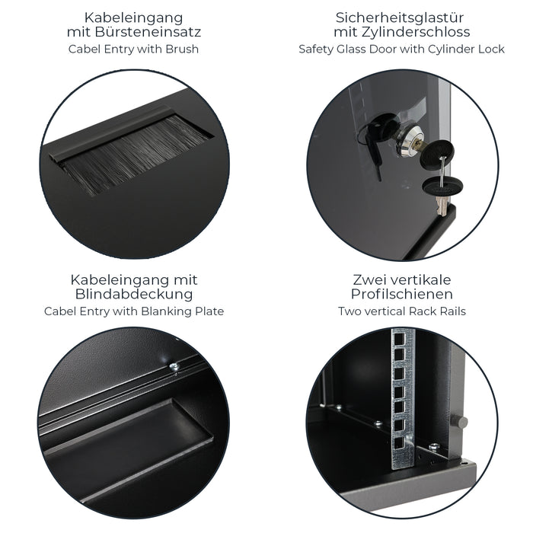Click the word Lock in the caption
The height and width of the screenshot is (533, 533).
(x=490, y=49)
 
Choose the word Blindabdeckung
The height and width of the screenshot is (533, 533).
(x=133, y=295)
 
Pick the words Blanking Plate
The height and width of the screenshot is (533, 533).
(x=183, y=311)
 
